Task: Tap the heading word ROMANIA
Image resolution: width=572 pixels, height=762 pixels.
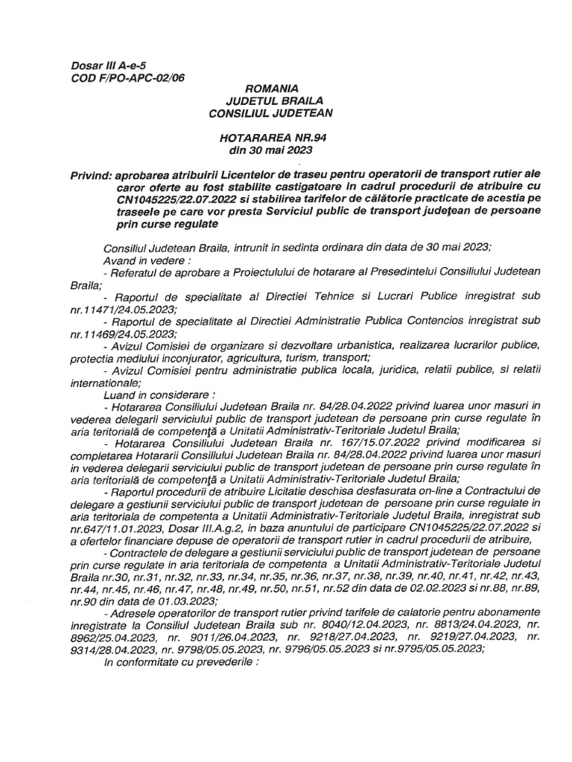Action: [x=256, y=89]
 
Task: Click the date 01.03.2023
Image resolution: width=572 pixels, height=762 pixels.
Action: [x=196, y=595]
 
